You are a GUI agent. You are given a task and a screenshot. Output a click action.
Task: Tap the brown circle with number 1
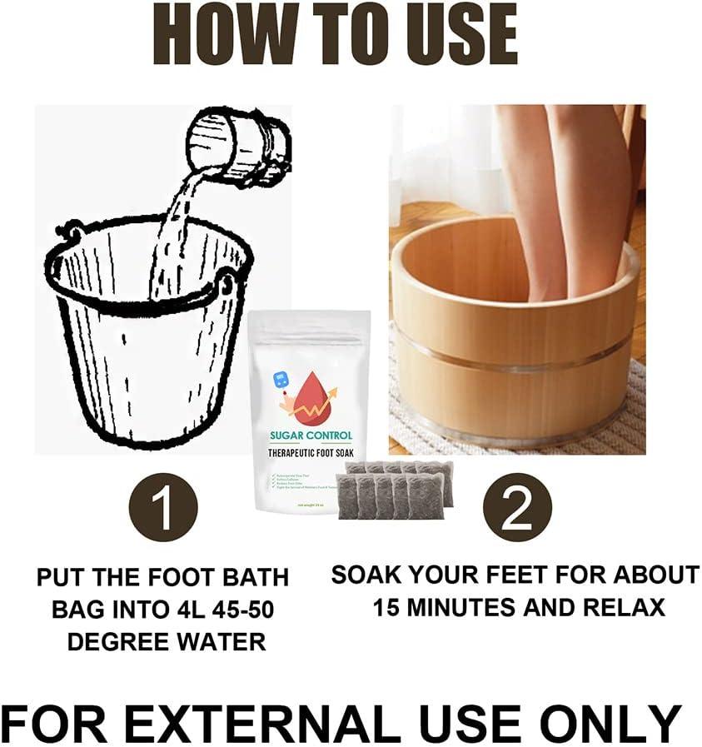[x=162, y=507]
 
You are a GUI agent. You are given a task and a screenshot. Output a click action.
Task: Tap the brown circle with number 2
[x=518, y=507]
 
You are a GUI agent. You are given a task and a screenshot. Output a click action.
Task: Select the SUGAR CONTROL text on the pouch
[x=311, y=436]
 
